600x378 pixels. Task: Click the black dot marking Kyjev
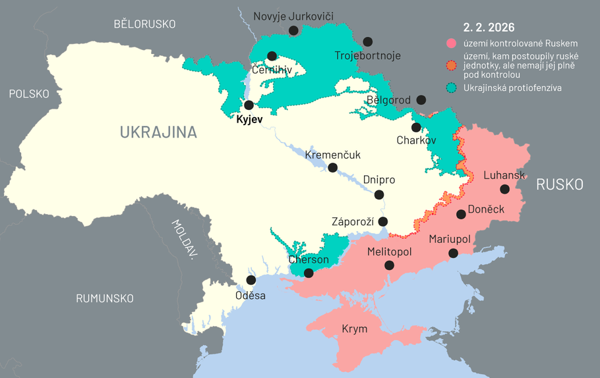249,105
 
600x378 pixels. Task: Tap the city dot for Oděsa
251,280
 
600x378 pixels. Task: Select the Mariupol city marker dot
453,253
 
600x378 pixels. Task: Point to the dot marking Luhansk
504,189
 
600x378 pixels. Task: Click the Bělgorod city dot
421,99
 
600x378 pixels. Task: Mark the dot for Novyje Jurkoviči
293,30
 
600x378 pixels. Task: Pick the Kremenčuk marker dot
333,168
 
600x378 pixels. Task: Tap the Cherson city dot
309,273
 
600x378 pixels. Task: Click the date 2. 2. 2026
489,28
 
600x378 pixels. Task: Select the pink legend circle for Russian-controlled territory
452,43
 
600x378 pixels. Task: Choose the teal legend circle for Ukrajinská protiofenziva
452,88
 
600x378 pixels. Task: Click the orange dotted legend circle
452,65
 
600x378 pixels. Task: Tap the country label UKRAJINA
158,132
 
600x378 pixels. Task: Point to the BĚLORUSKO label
144,24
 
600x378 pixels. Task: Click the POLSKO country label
29,94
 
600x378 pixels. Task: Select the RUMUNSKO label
105,298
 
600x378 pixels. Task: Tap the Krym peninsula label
354,329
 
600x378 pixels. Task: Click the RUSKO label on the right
559,184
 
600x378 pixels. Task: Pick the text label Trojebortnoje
367,55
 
